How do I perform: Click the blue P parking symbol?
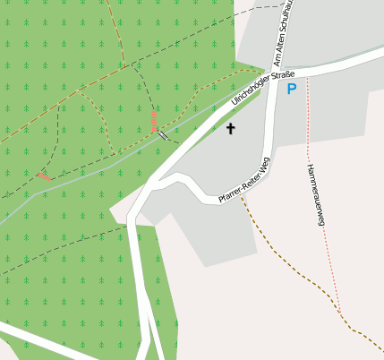point(291,89)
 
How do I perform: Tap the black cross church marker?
point(230,128)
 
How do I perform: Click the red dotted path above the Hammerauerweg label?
point(307,116)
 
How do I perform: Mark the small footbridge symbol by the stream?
point(163,135)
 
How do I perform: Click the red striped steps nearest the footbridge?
point(154,118)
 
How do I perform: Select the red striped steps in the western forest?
point(43,176)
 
